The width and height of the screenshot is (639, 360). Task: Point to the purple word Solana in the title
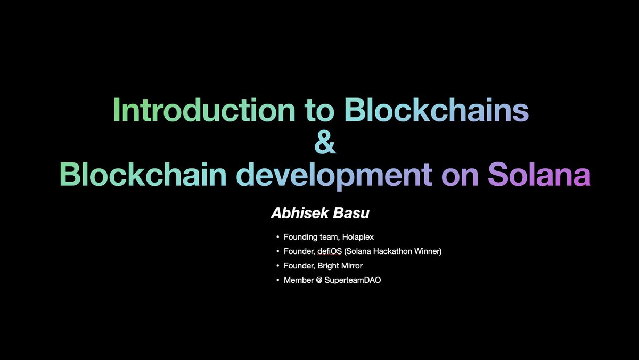pyautogui.click(x=539, y=174)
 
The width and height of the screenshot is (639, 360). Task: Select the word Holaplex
pyautogui.click(x=362, y=236)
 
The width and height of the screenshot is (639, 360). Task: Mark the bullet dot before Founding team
pyautogui.click(x=277, y=237)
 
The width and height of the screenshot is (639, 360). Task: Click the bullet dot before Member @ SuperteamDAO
pyautogui.click(x=277, y=280)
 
